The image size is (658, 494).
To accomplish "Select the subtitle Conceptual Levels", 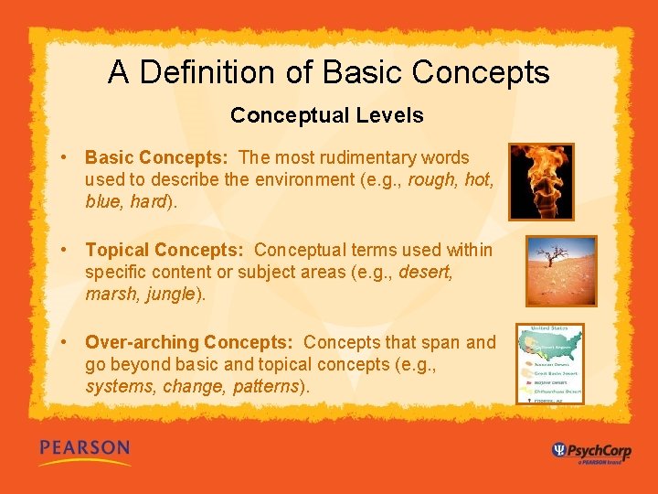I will (x=327, y=115).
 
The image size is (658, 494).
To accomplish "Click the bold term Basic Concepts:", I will (x=156, y=157).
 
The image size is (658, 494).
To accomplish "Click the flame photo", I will (x=541, y=181).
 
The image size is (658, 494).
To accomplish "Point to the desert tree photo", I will (x=560, y=271).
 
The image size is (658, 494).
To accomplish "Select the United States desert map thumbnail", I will (x=550, y=364).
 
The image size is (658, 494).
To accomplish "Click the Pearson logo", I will (x=84, y=450).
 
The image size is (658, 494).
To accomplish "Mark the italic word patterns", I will (x=267, y=386).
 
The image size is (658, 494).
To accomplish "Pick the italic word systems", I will (x=120, y=386).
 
